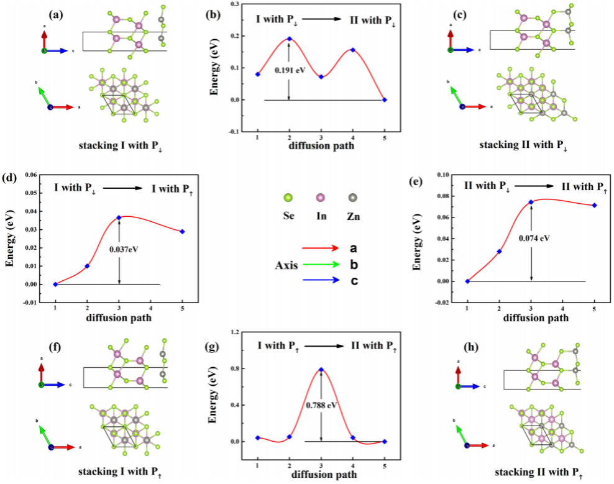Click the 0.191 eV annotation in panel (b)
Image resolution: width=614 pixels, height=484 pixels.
291,71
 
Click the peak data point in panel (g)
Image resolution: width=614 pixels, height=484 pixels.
321,369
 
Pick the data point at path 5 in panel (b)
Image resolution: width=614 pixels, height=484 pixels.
385,100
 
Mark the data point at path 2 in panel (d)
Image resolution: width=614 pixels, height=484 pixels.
87,266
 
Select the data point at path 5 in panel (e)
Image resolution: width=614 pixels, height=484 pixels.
595,205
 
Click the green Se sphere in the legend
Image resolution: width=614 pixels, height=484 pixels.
287,198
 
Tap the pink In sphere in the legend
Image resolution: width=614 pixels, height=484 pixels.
320,198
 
